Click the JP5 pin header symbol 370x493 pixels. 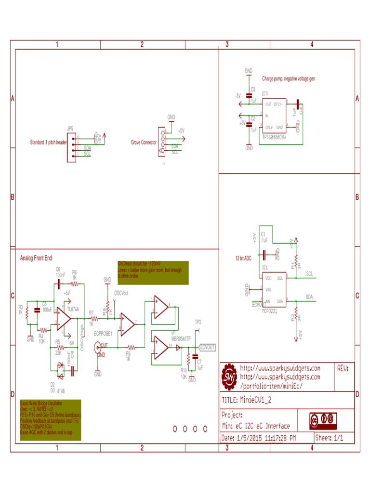point(70,146)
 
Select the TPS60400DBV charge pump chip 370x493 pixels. point(274,116)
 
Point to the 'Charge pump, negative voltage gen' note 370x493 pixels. point(288,78)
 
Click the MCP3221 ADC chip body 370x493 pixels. point(273,289)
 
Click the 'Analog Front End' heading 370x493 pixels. point(37,258)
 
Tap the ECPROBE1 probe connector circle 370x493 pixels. point(98,345)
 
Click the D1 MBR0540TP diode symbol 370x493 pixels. point(178,347)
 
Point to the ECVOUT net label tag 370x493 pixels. point(207,347)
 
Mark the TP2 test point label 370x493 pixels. point(198,322)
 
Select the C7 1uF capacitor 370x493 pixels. point(195,357)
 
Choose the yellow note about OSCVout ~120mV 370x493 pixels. point(153,273)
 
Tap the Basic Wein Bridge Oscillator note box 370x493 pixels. point(50,420)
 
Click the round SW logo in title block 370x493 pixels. point(229,376)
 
